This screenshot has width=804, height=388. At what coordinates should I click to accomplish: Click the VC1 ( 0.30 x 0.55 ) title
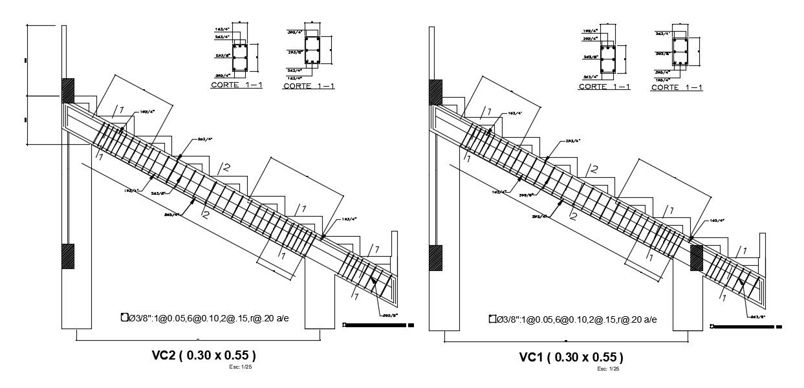571,357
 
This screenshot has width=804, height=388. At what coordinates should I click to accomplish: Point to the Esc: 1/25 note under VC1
608,369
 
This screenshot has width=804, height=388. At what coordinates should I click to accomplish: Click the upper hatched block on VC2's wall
68,91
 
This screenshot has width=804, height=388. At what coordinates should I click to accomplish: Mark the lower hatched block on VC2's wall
68,255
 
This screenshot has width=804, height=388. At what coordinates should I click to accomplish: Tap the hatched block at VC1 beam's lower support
697,257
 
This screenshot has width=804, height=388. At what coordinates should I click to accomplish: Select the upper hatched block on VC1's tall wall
435,92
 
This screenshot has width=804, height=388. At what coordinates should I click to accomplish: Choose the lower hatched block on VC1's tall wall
435,258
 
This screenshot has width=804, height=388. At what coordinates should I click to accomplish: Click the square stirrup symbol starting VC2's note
124,317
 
